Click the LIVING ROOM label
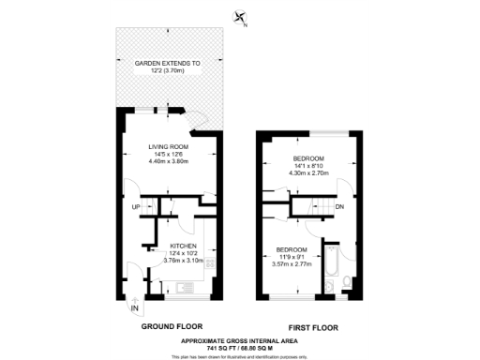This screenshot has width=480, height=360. click(169, 146)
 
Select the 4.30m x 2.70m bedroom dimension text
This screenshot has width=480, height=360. click(307, 173)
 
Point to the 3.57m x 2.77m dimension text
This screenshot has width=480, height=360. click(290, 265)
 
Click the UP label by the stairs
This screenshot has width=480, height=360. click(135, 206)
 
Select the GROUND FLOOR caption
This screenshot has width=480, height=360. click(169, 329)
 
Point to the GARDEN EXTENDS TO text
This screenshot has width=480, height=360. click(169, 63)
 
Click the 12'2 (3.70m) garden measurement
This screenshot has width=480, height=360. click(169, 70)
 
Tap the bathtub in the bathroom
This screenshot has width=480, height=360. click(329, 277)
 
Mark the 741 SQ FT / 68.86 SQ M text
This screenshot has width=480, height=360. click(240, 347)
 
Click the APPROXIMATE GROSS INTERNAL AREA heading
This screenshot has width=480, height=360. click(240, 339)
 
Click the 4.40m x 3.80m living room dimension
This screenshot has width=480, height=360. click(169, 161)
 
